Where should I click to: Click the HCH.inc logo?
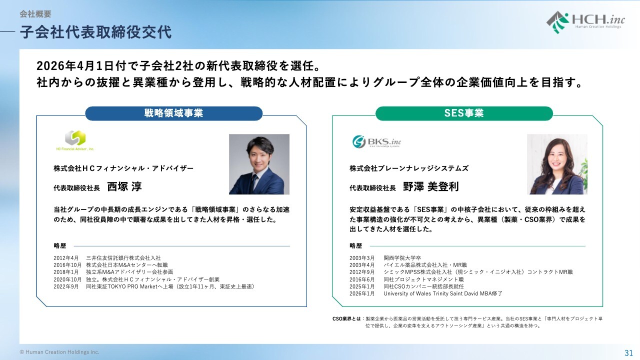point(585,22)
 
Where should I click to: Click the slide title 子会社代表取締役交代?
point(96,32)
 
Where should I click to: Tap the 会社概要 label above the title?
point(35,14)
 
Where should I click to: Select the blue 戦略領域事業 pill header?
point(173,113)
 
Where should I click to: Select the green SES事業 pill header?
point(464,113)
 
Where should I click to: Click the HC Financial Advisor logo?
point(75,140)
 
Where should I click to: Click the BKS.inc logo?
point(376,141)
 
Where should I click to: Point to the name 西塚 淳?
point(124,186)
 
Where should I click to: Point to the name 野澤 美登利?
point(431,186)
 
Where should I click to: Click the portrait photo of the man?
point(259,164)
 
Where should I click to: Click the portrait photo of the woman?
point(557,164)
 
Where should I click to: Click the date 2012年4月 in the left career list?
point(66,258)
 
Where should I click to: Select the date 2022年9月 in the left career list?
point(66,286)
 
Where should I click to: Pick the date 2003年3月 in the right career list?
point(362,258)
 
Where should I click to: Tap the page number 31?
point(628,353)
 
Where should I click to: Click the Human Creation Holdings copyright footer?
point(59,352)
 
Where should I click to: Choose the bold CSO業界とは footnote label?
point(346,318)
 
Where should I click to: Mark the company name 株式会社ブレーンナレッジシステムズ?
point(409,168)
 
